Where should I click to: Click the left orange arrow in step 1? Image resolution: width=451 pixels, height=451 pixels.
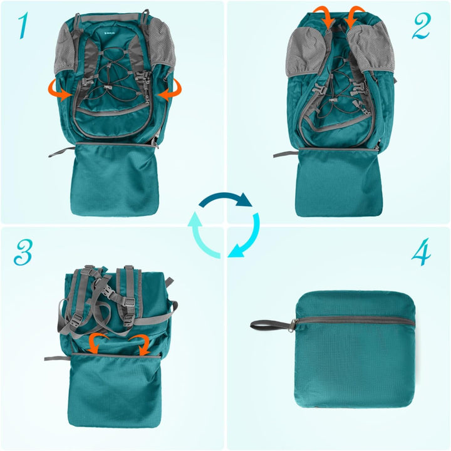tap(60, 91)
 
